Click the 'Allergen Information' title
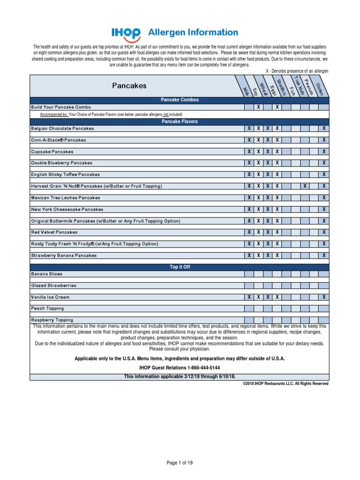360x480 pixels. click(x=193, y=32)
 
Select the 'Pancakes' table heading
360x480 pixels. click(x=129, y=86)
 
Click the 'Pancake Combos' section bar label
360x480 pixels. click(x=180, y=100)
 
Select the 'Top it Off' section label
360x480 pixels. click(x=180, y=267)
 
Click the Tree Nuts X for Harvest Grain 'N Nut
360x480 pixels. click(x=305, y=186)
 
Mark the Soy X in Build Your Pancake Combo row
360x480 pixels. click(x=258, y=107)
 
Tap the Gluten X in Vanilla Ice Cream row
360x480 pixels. click(x=324, y=297)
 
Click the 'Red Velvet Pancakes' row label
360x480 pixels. click(x=54, y=232)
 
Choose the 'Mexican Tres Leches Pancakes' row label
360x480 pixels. click(x=66, y=198)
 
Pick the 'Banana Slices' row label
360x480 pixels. click(x=46, y=274)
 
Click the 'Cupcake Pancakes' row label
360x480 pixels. click(x=52, y=152)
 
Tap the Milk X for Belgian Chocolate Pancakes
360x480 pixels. click(x=249, y=128)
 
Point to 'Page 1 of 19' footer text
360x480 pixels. click(x=180, y=463)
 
